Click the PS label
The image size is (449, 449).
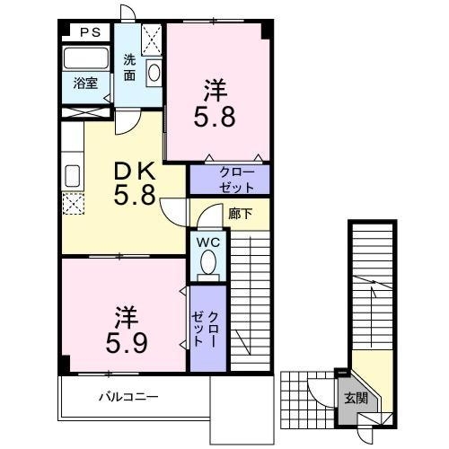[91, 32]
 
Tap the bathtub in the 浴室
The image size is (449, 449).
[86, 57]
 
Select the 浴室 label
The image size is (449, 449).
[85, 84]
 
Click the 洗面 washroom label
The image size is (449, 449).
[129, 67]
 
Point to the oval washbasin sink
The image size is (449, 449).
[154, 72]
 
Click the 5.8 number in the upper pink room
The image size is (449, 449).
[215, 117]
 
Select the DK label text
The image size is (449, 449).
[135, 171]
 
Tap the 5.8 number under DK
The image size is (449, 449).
[135, 195]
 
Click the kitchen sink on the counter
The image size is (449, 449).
[72, 176]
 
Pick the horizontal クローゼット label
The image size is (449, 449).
[236, 180]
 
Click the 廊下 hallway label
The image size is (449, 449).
[240, 214]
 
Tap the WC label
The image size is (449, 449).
[208, 242]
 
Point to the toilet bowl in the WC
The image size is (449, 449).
[208, 262]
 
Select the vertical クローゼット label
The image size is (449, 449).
[205, 329]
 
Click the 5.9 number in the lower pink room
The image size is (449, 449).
[127, 343]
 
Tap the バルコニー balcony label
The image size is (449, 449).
[128, 397]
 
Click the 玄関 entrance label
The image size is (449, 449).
[356, 399]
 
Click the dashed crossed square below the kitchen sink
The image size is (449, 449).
[73, 204]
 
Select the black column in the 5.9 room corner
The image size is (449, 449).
[66, 363]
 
